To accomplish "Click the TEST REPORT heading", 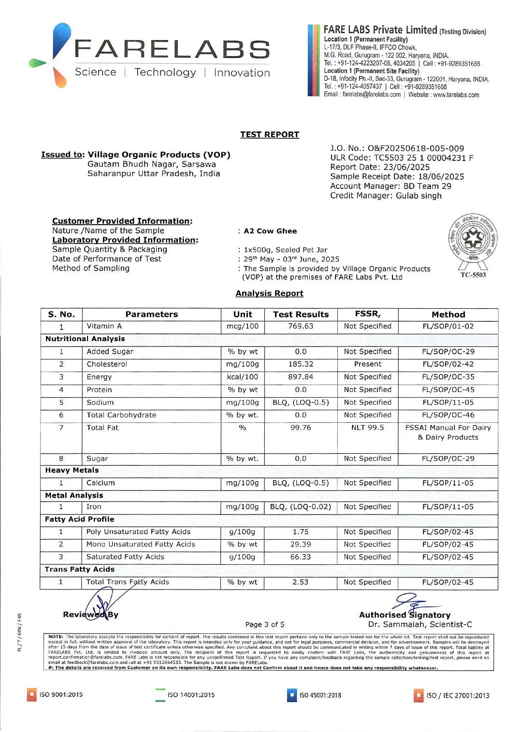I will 270,135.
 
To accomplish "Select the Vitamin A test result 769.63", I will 301,326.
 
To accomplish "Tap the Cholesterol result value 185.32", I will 301,364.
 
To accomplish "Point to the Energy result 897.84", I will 301,377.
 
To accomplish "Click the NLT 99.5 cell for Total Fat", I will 367,428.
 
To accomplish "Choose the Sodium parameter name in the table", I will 100,402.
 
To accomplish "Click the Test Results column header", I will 301,314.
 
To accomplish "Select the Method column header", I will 448,314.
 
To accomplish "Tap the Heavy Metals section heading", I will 72,470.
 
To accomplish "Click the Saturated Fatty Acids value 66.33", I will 301,557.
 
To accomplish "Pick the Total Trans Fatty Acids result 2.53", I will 300,582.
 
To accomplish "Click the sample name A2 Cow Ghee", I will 270,231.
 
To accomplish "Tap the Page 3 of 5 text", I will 265,624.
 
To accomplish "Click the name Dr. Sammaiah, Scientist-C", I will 420,624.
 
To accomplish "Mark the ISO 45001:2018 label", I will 320,695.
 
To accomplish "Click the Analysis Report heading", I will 269,293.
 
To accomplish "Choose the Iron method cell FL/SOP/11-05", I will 448,507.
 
